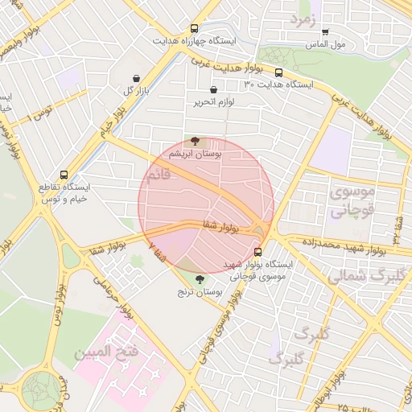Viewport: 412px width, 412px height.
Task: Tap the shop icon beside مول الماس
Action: (325, 33)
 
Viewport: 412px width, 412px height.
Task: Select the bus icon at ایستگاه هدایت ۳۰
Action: (279, 71)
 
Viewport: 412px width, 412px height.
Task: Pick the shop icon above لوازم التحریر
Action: (213, 90)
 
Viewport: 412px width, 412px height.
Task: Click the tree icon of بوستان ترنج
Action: (199, 279)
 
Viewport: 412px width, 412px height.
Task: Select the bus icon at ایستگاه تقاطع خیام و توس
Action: (64, 174)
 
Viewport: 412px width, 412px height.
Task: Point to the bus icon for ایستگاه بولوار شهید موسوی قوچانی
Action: (257, 250)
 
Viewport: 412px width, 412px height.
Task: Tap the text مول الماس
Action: (350, 44)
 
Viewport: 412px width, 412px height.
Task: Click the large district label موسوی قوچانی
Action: (352, 202)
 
